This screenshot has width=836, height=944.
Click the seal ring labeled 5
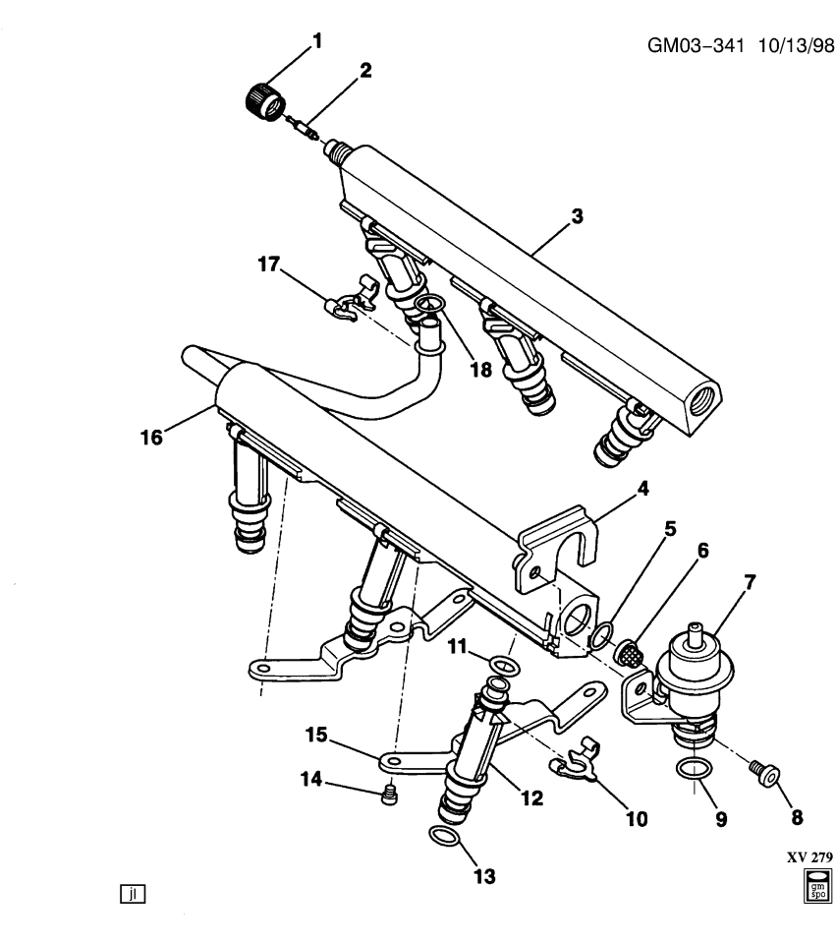tap(598, 640)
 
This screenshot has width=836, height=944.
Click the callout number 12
tap(530, 799)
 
